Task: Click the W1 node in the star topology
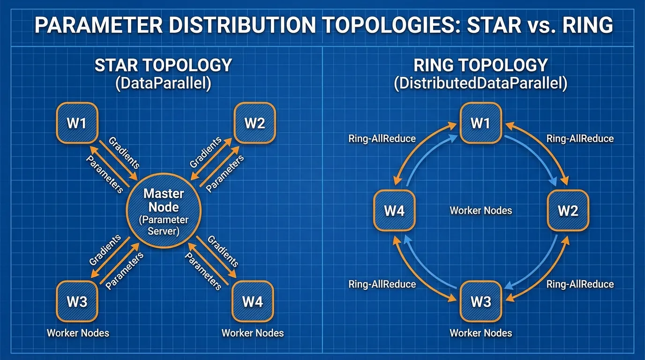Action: [x=77, y=123]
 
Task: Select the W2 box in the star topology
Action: [x=255, y=123]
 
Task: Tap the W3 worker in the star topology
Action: [x=77, y=301]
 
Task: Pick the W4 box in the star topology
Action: [x=253, y=301]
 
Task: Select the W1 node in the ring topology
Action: [x=480, y=123]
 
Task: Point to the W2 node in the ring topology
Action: [x=568, y=210]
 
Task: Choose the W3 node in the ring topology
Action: [x=480, y=301]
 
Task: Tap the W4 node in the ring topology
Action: [x=394, y=210]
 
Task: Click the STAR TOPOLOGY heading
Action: [x=163, y=65]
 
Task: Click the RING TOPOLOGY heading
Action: [x=480, y=65]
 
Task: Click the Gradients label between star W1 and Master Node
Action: [x=124, y=153]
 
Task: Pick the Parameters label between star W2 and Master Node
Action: [x=225, y=173]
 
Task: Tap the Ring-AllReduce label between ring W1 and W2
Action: [x=580, y=139]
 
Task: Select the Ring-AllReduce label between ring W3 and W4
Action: [x=382, y=284]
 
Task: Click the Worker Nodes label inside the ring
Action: [x=480, y=210]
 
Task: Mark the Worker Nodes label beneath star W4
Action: [x=253, y=333]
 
